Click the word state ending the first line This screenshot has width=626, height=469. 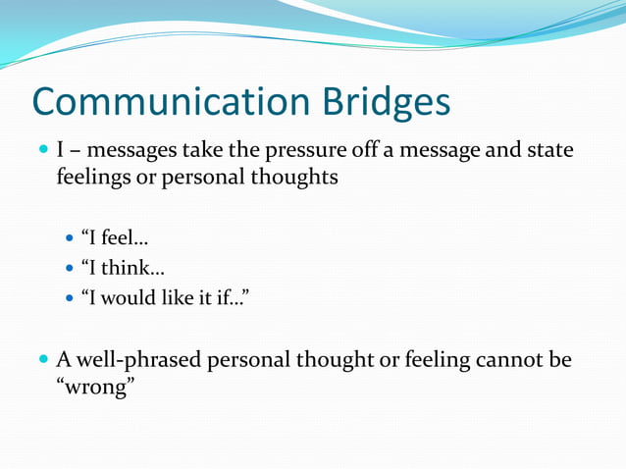tap(550, 151)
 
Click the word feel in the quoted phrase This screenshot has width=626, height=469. tap(120, 237)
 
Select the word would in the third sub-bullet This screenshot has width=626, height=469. tap(130, 296)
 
